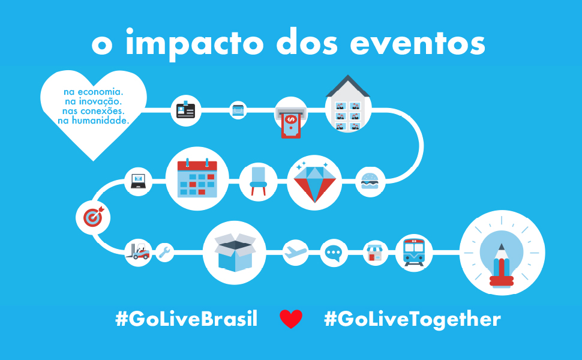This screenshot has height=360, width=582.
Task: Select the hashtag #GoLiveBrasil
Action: point(187,319)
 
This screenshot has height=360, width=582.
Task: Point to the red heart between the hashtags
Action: point(291,319)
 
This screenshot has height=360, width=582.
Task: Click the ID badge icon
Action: point(185,110)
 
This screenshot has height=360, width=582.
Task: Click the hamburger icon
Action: point(370,181)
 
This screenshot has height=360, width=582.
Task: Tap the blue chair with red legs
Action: point(259,181)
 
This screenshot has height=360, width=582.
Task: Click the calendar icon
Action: point(197,178)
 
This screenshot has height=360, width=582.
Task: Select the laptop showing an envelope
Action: point(139,181)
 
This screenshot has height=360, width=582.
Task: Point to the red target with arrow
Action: point(94,217)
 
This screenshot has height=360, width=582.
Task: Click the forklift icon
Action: point(138,251)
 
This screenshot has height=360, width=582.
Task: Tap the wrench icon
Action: point(164,252)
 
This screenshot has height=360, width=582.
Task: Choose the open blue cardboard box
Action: point(235,252)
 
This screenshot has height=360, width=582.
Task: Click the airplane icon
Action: point(295,252)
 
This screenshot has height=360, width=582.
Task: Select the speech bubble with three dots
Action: point(333,253)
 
